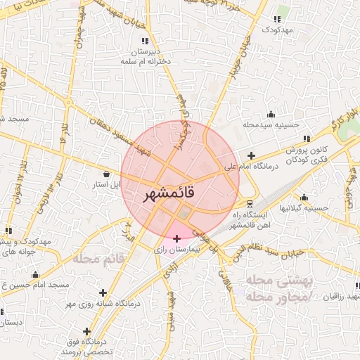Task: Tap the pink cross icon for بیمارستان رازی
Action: (x=176, y=239)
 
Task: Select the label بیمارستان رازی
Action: (x=179, y=250)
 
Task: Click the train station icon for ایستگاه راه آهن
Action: (x=252, y=204)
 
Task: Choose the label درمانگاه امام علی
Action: (x=252, y=167)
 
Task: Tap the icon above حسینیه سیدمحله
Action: (x=271, y=114)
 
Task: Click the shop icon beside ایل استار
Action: (x=106, y=174)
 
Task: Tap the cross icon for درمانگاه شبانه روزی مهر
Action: (x=103, y=292)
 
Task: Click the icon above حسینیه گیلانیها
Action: (x=303, y=197)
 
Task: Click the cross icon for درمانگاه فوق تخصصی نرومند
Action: (x=87, y=331)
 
